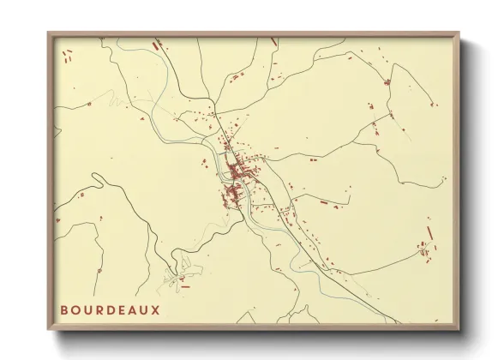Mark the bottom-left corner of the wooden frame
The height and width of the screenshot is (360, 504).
pos(48,330)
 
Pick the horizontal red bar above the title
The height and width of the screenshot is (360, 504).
pos(184,287)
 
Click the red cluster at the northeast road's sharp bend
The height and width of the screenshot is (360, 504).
pos(387,82)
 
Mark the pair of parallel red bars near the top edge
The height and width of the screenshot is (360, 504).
pos(157,45)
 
